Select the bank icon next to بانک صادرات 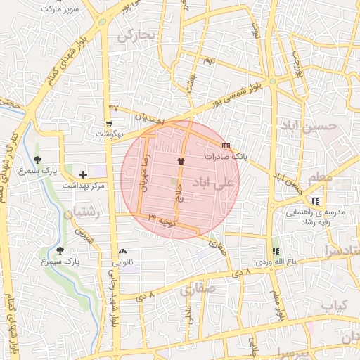click(x=225, y=145)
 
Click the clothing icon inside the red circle click(x=181, y=161)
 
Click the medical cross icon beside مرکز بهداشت click(x=84, y=174)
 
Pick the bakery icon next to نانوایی click(x=123, y=250)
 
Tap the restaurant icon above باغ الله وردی click(x=275, y=250)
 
